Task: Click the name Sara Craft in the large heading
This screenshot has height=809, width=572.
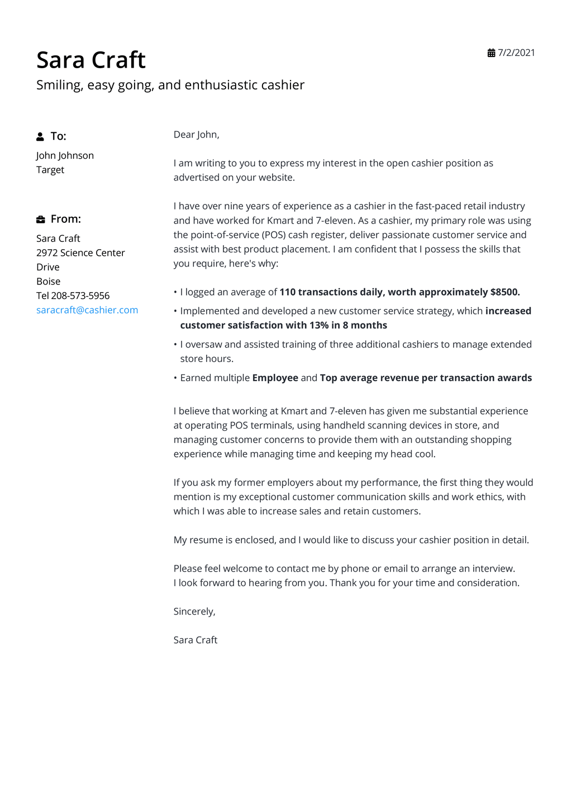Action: tap(91, 60)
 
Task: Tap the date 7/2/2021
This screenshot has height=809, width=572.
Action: tap(516, 53)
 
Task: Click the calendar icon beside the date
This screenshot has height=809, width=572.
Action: tap(491, 53)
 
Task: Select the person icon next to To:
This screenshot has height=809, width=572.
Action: tap(40, 136)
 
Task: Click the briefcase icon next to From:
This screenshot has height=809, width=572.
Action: tap(41, 219)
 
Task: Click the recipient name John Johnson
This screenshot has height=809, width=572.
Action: tap(65, 155)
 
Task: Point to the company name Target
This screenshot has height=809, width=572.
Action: tap(50, 170)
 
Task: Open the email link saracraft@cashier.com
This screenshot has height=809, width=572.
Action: tap(87, 310)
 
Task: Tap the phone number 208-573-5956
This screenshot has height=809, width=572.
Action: tap(80, 296)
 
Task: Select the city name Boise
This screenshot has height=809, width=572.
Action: tap(49, 282)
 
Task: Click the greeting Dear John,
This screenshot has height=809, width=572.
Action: tap(196, 135)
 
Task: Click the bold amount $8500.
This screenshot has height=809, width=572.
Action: tap(505, 292)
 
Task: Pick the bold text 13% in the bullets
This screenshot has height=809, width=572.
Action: tap(319, 325)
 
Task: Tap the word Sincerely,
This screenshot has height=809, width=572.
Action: tap(194, 611)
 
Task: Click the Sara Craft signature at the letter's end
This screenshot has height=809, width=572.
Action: tap(195, 640)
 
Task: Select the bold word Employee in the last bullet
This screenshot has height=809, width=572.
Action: tap(275, 378)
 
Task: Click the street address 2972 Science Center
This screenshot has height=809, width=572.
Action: tap(80, 253)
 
